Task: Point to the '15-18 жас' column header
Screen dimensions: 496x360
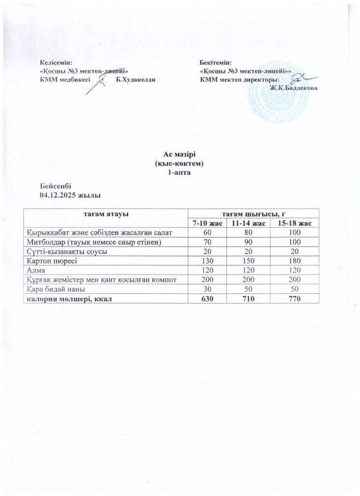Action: point(294,223)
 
